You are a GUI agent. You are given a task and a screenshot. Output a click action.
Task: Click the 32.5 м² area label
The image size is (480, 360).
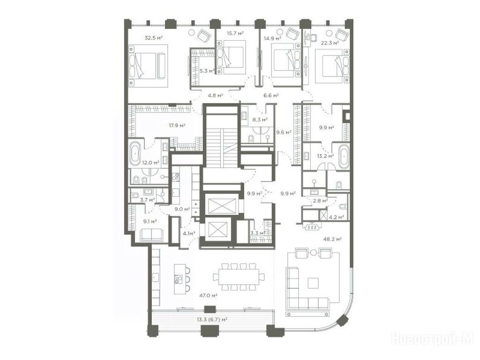(x=153, y=38)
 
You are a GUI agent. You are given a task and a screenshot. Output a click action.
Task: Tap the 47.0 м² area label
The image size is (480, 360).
(x=208, y=296)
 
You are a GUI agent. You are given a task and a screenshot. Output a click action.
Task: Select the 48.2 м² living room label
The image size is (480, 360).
(x=332, y=239)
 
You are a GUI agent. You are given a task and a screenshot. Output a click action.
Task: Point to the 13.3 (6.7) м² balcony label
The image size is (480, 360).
(x=212, y=320)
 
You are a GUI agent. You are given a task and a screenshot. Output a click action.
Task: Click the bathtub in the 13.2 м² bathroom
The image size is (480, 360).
(x=344, y=156)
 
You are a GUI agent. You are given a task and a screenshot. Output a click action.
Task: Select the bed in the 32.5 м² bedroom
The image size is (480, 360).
(x=147, y=65)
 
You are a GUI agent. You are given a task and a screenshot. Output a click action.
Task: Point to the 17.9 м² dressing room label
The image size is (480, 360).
(x=177, y=125)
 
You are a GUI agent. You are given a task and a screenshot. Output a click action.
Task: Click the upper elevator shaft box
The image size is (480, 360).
(x=220, y=205)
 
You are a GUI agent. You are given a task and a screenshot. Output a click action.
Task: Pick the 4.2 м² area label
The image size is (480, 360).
(x=336, y=217)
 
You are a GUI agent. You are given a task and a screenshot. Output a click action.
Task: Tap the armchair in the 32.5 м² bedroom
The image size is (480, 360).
(x=204, y=36)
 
